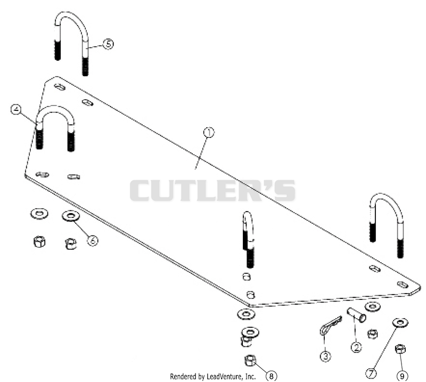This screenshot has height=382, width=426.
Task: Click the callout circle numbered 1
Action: coord(209,133)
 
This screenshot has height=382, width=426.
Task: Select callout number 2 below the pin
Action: coord(356,347)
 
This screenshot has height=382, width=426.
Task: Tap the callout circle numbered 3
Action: coord(325,356)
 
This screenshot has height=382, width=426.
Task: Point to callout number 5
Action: coord(108,44)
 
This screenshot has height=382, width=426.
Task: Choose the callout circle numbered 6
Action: coord(93,240)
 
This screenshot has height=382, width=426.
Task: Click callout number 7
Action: coord(371,373)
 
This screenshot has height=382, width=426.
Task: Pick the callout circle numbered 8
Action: coord(272,376)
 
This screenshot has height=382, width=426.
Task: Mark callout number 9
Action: coord(402,376)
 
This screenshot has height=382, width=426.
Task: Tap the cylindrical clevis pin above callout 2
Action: coord(356,315)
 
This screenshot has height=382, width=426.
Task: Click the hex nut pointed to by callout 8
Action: coord(250,361)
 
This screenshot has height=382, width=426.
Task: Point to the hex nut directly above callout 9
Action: coord(400,349)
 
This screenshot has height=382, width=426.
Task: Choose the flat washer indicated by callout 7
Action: coord(400,323)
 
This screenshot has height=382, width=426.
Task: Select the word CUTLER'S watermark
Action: coord(212,190)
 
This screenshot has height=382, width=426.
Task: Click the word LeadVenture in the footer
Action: coord(224,377)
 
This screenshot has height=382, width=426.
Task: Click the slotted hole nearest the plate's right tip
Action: coord(403,285)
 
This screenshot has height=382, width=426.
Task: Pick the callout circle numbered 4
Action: coord(16,109)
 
